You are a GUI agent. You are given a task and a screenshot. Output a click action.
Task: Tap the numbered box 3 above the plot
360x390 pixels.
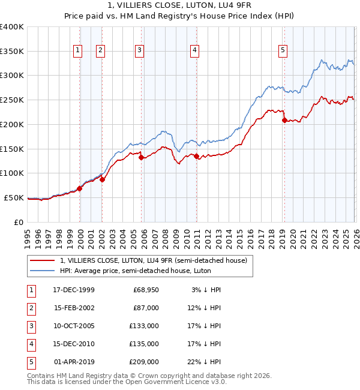pos(139,51)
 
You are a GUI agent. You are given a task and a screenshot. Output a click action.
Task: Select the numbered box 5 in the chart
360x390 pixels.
pos(282,51)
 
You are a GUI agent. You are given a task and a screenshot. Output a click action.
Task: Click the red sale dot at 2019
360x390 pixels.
pos(284,120)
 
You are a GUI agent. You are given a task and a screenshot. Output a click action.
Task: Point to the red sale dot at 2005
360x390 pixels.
pos(141,157)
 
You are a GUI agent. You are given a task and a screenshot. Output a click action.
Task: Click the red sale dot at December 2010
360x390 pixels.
pos(196,157)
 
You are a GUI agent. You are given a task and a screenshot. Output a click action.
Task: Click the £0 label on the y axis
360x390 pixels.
pos(19,222)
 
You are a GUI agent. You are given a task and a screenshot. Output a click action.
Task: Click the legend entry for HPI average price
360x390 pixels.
pos(140,271)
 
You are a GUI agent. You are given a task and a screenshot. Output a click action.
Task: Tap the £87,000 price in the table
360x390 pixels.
pos(146,308)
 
